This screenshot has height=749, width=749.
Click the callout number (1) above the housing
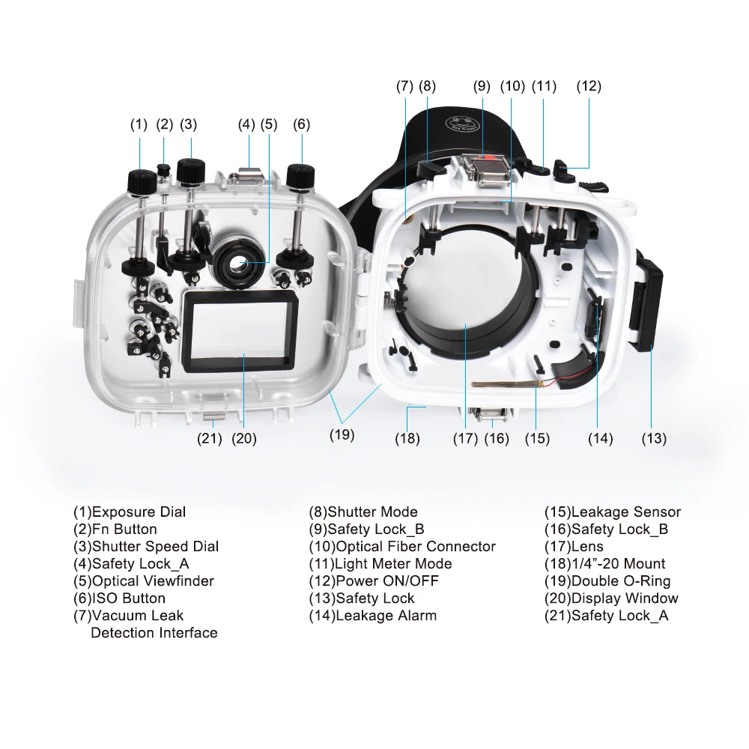tap(139, 124)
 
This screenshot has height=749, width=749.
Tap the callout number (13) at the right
tap(654, 438)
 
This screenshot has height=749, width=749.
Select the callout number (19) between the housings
tap(342, 434)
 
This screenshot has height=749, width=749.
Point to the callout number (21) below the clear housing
tap(209, 438)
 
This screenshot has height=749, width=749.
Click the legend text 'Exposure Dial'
tap(139, 512)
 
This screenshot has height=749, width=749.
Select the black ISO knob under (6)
tap(300, 176)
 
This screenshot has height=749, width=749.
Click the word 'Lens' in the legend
tap(587, 547)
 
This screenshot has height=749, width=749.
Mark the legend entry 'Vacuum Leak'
tap(138, 616)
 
